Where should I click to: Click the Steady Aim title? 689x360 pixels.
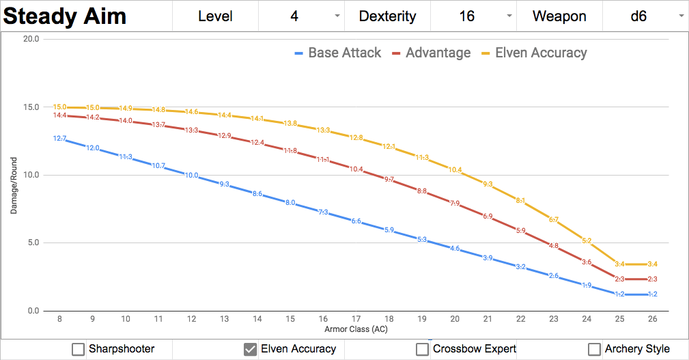pyautogui.click(x=66, y=16)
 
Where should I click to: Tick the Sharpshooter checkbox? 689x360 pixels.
pyautogui.click(x=79, y=349)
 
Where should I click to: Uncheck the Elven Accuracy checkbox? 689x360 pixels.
pyautogui.click(x=251, y=349)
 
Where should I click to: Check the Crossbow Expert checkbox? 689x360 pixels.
pyautogui.click(x=423, y=349)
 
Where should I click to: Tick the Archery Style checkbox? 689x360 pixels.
pyautogui.click(x=595, y=349)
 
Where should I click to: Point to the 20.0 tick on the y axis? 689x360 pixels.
pyautogui.click(x=31, y=39)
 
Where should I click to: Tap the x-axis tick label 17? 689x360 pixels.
pyautogui.click(x=356, y=318)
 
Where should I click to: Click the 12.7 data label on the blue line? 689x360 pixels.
pyautogui.click(x=60, y=139)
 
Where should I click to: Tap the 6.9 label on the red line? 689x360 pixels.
pyautogui.click(x=488, y=217)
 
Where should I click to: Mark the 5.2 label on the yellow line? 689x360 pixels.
pyautogui.click(x=587, y=240)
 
